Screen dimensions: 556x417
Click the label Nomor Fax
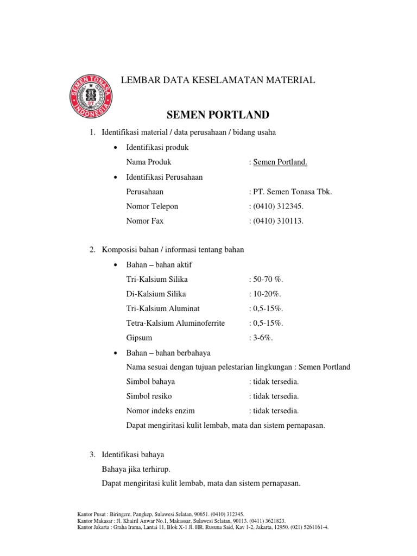(144, 221)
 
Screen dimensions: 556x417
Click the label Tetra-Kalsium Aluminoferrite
(175, 323)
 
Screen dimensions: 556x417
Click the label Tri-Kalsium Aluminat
(162, 308)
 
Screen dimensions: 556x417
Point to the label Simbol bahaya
(150, 382)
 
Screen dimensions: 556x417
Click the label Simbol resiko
(148, 396)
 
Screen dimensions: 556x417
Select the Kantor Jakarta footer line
(203, 527)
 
